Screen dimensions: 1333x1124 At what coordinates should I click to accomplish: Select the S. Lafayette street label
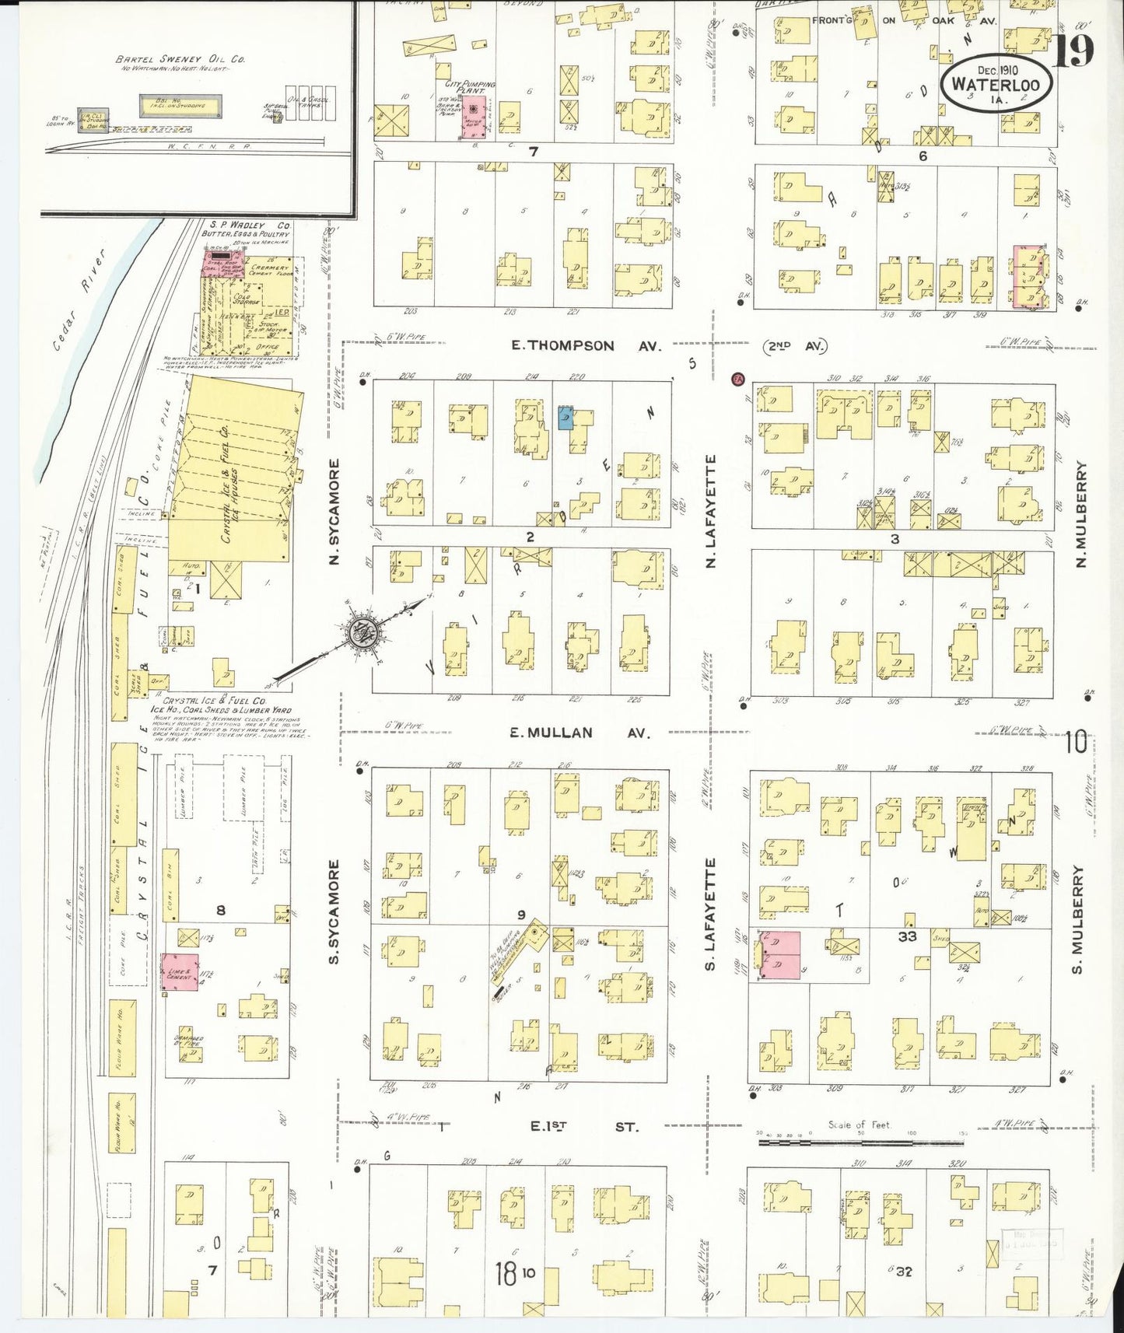coord(709,915)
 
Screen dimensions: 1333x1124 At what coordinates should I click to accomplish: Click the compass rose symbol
coord(362,632)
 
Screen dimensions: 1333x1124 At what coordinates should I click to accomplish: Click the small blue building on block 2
coord(566,418)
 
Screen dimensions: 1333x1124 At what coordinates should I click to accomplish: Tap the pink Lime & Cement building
coord(180,972)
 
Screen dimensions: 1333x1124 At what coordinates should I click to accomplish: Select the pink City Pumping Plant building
coord(473,117)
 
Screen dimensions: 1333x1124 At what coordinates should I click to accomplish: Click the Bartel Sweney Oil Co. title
coord(180,59)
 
